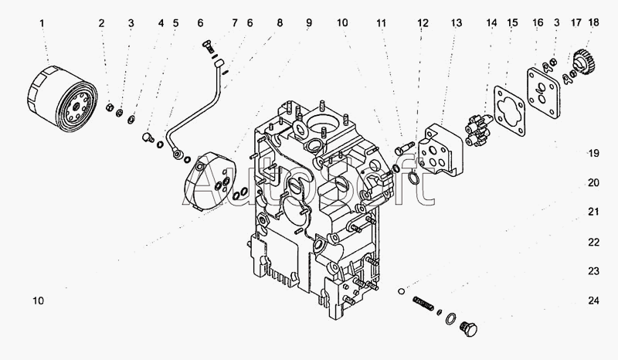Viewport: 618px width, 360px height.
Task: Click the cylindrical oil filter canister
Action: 61,98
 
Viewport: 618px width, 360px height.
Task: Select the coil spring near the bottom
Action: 423,304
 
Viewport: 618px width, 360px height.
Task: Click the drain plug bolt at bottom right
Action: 469,328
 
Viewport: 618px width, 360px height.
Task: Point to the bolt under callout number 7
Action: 209,46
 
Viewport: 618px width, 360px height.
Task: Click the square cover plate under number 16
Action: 544,93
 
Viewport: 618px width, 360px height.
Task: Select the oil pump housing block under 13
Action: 440,149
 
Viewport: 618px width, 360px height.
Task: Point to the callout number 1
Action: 42,23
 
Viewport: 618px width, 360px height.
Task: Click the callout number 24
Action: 593,301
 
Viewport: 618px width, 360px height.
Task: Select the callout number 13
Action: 457,23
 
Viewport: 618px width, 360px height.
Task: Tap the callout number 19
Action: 593,153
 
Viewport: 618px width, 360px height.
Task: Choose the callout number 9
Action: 308,23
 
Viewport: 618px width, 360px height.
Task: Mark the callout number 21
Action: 593,212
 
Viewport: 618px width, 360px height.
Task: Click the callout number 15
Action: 512,23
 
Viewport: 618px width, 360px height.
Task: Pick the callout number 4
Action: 161,23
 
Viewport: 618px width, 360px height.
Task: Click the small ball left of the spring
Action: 401,291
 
